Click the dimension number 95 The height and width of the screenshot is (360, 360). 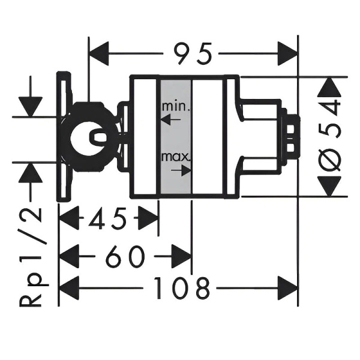pyautogui.click(x=193, y=55)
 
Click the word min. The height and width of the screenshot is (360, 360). pyautogui.click(x=175, y=107)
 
